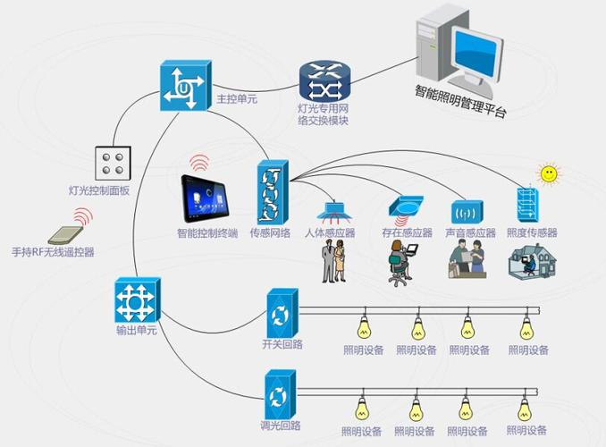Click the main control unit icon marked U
pyautogui.click(x=186, y=86)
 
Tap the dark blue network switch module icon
pyautogui.click(x=325, y=82)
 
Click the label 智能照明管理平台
pyautogui.click(x=460, y=101)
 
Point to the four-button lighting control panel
pyautogui.click(x=113, y=164)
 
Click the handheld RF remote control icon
pyautogui.click(x=65, y=235)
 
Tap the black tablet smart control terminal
pyautogui.click(x=205, y=198)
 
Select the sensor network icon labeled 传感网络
pyautogui.click(x=273, y=192)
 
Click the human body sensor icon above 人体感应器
pyautogui.click(x=334, y=213)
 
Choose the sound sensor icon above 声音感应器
pyautogui.click(x=467, y=212)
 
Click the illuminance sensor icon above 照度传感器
pyautogui.click(x=527, y=204)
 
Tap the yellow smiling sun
pyautogui.click(x=549, y=173)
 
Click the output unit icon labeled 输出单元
pyautogui.click(x=138, y=300)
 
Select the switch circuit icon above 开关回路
pyautogui.click(x=282, y=313)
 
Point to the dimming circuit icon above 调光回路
pyautogui.click(x=280, y=394)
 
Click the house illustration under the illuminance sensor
pyautogui.click(x=532, y=261)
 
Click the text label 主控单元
pyautogui.click(x=237, y=99)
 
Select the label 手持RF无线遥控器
pyautogui.click(x=53, y=252)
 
